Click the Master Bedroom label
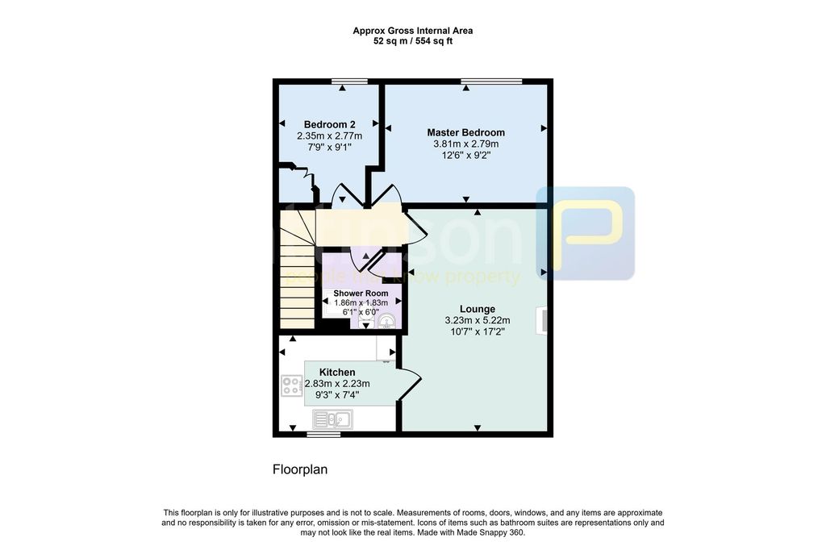click(465, 132)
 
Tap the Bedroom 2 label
click(329, 124)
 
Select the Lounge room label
click(478, 309)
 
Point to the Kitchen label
click(337, 372)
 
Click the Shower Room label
click(361, 294)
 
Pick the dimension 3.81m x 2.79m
click(466, 144)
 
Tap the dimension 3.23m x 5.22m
click(478, 320)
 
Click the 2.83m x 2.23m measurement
click(337, 384)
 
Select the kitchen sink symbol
click(332, 419)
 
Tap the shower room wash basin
click(387, 322)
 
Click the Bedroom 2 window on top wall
click(349, 81)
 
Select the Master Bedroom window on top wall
click(492, 81)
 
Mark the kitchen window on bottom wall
click(323, 433)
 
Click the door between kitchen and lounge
click(410, 383)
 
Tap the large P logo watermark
click(586, 234)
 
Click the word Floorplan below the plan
click(300, 469)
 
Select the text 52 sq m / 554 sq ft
click(413, 41)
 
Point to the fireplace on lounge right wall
click(545, 319)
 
